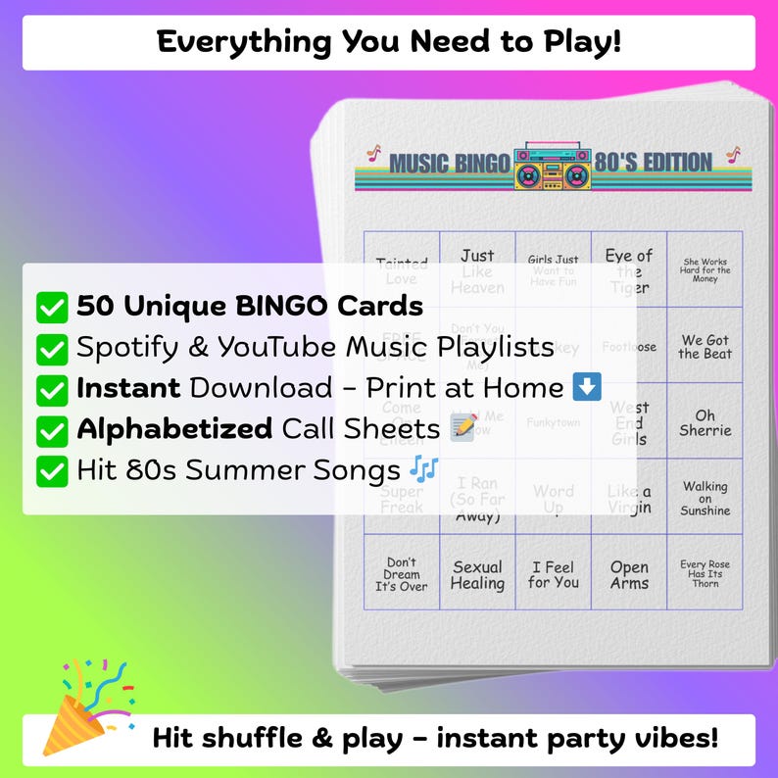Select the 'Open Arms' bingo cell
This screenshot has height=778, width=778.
(x=629, y=574)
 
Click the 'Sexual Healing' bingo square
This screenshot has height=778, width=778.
(x=477, y=574)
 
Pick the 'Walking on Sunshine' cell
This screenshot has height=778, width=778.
(x=705, y=498)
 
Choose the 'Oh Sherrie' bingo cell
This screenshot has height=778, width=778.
(x=705, y=422)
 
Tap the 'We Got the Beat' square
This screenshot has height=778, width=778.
(x=705, y=347)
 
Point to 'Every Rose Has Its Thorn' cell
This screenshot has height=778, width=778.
(x=705, y=574)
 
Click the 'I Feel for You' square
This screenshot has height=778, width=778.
(x=554, y=574)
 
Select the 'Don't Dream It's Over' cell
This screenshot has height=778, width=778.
(x=402, y=574)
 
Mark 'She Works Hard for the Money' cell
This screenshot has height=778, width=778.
(x=705, y=270)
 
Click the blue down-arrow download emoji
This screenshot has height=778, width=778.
(x=587, y=387)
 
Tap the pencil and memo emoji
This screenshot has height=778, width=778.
(x=463, y=428)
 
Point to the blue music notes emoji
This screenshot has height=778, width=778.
(x=424, y=469)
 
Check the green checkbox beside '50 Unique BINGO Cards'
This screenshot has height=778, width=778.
(x=51, y=307)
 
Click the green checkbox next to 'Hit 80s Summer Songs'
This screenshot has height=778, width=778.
(x=51, y=471)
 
